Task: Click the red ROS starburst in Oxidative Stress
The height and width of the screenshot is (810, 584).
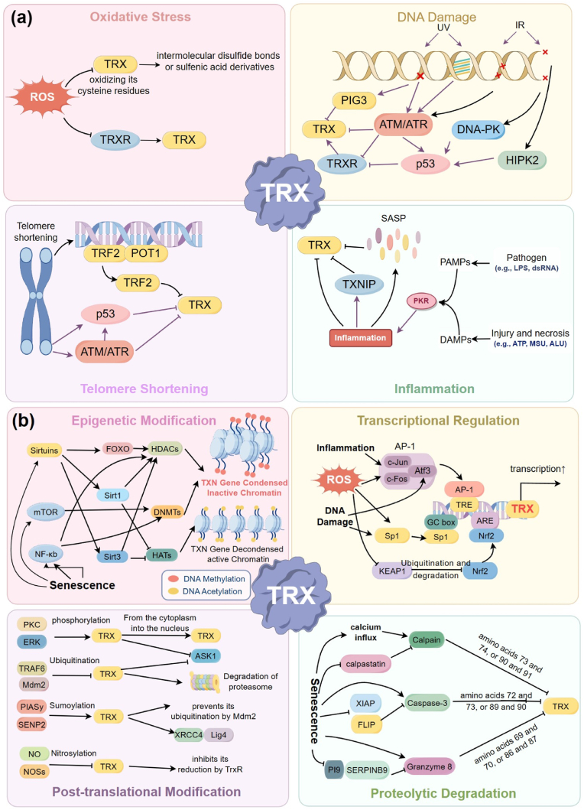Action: click(x=42, y=96)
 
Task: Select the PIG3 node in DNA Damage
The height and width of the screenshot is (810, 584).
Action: click(x=354, y=100)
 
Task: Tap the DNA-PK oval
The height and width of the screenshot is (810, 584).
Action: click(x=479, y=130)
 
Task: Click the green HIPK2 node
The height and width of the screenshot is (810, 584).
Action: click(x=522, y=160)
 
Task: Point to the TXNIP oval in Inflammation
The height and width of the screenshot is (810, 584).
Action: click(x=359, y=284)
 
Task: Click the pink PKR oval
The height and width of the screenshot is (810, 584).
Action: click(x=421, y=301)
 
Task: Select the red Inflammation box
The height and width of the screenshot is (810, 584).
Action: click(x=360, y=338)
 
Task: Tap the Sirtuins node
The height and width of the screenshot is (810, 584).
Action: click(x=44, y=451)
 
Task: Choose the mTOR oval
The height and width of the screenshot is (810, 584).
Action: click(x=46, y=512)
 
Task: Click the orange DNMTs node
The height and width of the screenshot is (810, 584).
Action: click(x=167, y=512)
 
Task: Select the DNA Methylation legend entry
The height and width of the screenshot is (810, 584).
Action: click(x=207, y=578)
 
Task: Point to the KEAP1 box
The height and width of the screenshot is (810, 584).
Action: click(x=392, y=571)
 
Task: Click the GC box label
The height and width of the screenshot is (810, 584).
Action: click(x=441, y=522)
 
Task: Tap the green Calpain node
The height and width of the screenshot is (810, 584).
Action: click(x=427, y=640)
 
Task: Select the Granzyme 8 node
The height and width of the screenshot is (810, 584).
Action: click(x=429, y=766)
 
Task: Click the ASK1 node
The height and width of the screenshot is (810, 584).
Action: click(x=205, y=656)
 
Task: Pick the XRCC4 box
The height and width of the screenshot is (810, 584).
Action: click(x=189, y=734)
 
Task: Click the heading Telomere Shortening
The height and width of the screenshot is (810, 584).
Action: click(x=144, y=389)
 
